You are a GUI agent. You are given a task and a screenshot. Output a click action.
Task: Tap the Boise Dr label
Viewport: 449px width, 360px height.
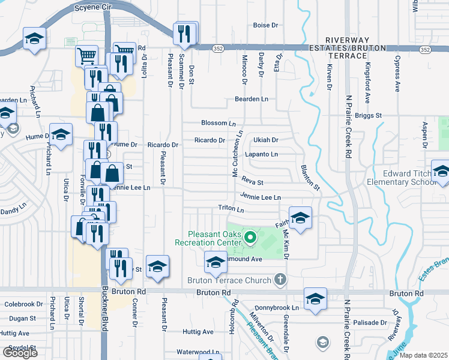267,25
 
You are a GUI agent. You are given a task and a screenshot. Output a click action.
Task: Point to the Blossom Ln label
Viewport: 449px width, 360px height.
218,123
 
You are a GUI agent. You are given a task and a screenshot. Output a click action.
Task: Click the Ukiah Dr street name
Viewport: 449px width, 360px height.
265,140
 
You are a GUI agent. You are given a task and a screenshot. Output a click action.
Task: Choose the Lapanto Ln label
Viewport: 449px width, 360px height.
262,154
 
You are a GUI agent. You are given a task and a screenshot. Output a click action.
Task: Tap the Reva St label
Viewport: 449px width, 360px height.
252,180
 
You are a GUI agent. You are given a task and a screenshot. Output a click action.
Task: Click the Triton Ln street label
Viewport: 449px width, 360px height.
231,210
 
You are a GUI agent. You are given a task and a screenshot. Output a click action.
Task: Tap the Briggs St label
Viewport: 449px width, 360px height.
369,115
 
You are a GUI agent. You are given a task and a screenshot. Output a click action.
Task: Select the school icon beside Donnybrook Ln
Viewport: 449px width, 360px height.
315,299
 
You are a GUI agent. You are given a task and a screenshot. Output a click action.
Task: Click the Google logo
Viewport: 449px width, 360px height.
20,352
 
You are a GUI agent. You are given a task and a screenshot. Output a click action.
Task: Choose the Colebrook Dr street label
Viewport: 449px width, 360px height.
24,304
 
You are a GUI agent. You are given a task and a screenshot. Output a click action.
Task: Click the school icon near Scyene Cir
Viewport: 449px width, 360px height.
34,38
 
